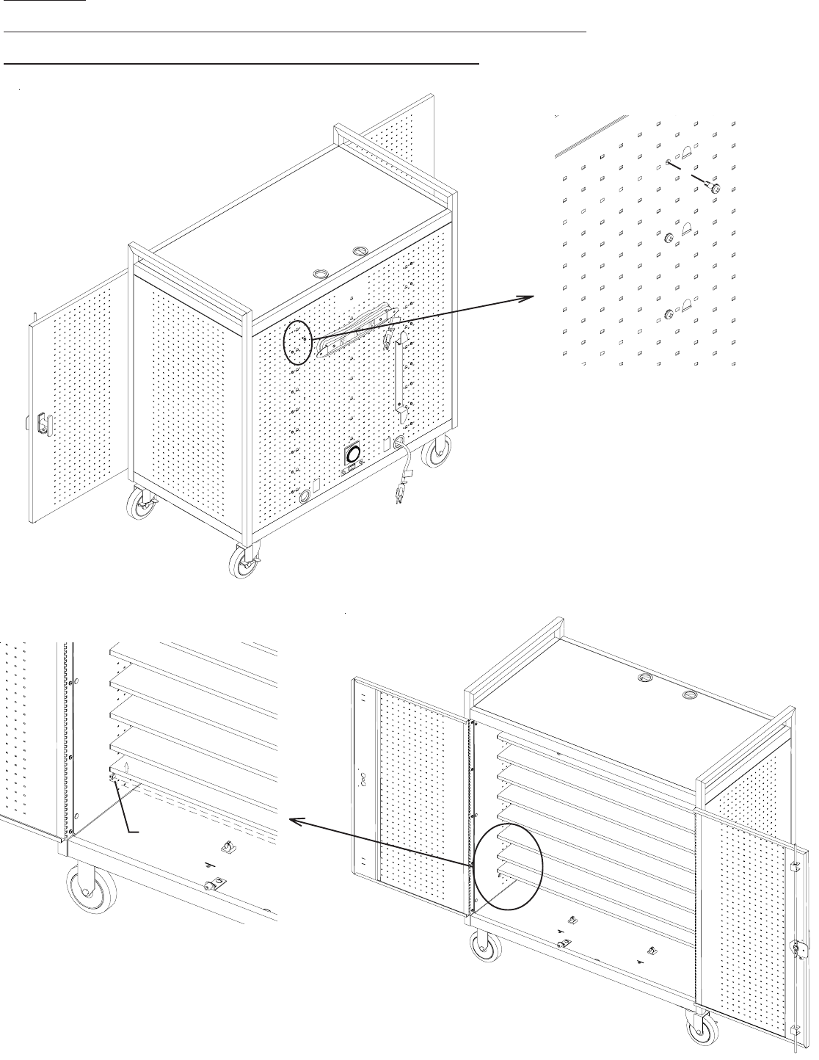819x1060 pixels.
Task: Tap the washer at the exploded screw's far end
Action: [x=668, y=162]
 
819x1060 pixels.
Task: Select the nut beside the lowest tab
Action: [x=669, y=315]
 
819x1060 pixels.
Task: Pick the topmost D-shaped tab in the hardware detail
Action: [x=687, y=153]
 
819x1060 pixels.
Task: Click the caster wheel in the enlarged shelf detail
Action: [x=87, y=891]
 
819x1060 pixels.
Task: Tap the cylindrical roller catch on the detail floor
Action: [x=212, y=887]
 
